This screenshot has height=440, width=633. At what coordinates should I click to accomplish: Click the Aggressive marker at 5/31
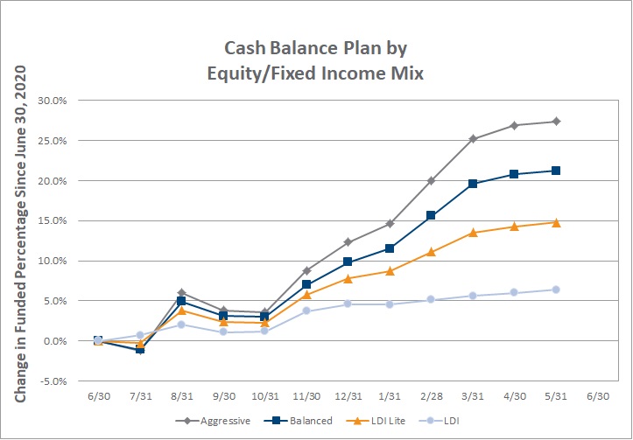tap(556, 122)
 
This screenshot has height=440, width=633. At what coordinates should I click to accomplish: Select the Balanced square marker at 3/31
tap(473, 184)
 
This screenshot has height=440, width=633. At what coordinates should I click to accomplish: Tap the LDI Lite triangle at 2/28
tap(431, 252)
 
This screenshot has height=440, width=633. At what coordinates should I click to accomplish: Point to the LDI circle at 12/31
tap(348, 304)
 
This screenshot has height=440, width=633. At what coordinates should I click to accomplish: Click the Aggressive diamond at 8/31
tap(181, 292)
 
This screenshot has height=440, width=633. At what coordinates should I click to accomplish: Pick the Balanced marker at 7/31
tap(140, 349)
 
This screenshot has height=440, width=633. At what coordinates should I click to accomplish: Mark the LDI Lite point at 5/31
tap(556, 222)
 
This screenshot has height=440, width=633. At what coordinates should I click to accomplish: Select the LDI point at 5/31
tap(556, 290)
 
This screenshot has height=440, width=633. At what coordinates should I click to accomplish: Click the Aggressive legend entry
tap(213, 421)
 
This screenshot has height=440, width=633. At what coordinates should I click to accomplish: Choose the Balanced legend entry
tap(299, 421)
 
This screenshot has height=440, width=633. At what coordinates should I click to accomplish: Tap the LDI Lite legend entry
tap(376, 421)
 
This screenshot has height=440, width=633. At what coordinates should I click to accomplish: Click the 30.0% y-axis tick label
tap(52, 101)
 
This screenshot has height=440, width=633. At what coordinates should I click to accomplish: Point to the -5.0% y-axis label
tap(52, 381)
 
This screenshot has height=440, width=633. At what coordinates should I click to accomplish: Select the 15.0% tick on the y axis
tap(52, 220)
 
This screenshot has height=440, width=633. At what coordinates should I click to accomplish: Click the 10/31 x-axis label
tap(264, 396)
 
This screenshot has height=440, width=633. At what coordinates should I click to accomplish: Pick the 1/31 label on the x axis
tap(390, 396)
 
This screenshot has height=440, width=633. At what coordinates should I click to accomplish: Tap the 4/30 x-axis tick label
tap(514, 396)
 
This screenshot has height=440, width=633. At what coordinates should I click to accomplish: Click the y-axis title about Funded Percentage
tap(20, 234)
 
